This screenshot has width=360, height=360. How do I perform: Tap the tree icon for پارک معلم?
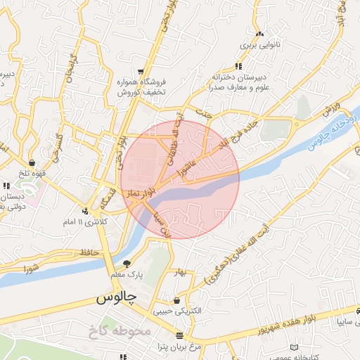[127, 264]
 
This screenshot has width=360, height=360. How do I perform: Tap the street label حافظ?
[89, 251]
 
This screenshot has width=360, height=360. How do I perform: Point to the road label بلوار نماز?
[141, 191]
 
